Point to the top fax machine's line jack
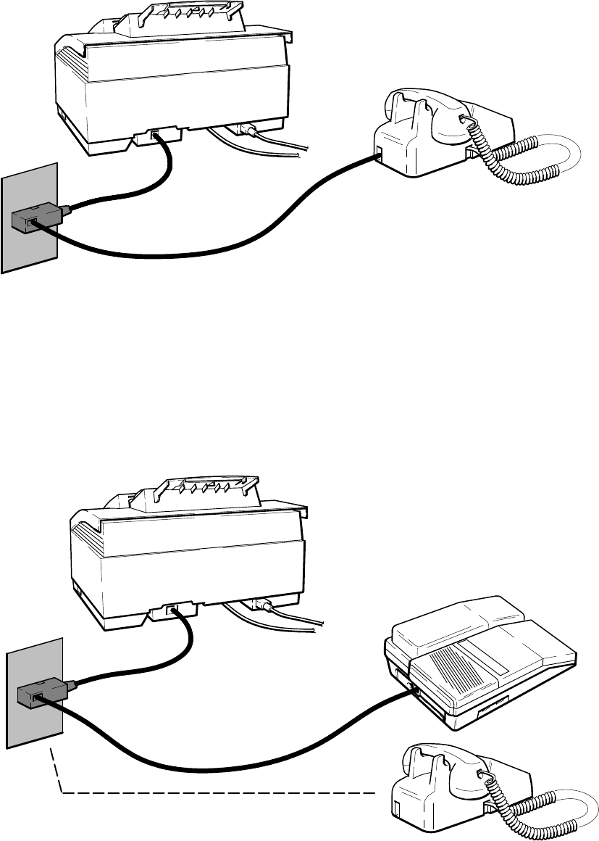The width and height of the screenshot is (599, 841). (155, 134)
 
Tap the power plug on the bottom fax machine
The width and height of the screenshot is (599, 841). (259, 608)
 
